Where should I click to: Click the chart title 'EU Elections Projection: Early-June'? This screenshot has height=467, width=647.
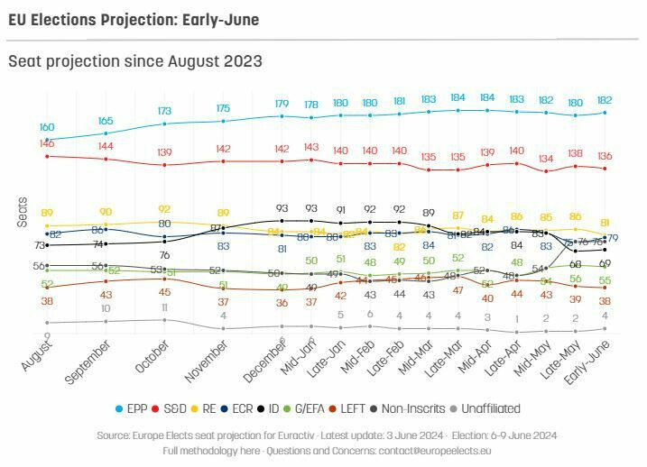(133, 19)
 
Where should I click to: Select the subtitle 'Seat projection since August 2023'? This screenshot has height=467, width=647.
(135, 61)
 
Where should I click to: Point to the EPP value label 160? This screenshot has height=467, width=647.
(47, 127)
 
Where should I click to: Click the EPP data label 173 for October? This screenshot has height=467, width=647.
(164, 111)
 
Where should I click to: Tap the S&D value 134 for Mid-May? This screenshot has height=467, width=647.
(547, 159)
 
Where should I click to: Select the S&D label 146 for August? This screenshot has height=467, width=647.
(47, 143)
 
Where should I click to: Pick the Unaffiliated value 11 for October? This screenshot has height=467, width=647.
(164, 307)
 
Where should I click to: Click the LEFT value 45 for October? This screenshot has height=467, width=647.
(164, 291)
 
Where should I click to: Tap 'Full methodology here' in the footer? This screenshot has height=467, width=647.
(208, 449)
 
